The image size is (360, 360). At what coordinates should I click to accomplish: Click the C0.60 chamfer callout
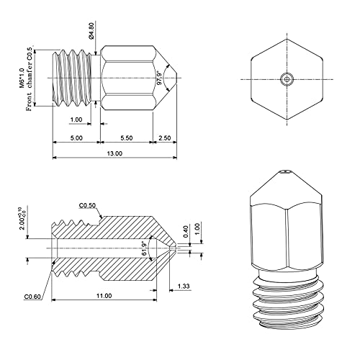coord(33,295)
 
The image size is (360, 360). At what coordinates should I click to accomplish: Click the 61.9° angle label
coord(145,248)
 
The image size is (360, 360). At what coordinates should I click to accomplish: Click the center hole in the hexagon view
coord(287,78)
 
